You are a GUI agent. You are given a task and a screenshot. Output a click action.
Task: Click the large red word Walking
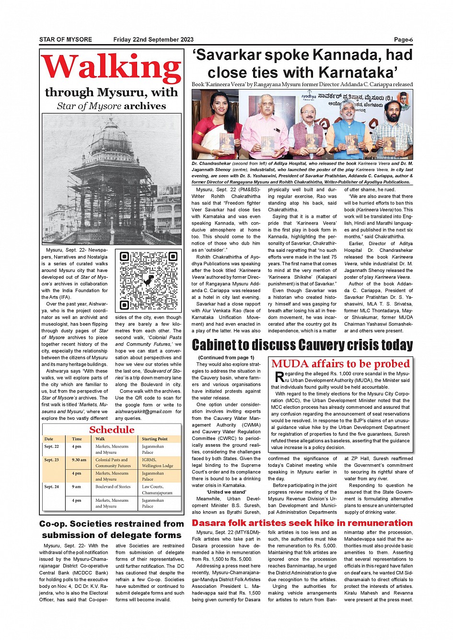coord(111,67)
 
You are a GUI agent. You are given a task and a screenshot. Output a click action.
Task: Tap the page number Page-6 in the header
coord(403,40)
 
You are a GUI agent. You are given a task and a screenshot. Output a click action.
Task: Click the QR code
coord(148,281)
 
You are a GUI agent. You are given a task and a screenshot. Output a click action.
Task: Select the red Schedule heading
coord(112,429)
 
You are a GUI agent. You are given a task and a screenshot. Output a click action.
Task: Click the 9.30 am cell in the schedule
coord(79,460)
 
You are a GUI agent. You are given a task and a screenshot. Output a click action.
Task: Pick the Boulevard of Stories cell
coord(113,486)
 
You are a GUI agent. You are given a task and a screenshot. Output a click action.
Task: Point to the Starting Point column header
coord(154,438)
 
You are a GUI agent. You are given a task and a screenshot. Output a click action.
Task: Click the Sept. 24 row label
coord(51,486)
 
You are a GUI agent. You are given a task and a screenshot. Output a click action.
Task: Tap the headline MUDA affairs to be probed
coord(340,364)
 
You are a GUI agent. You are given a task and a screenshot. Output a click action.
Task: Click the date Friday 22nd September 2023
coord(153,40)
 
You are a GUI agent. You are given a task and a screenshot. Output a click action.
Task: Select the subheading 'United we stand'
coord(226,492)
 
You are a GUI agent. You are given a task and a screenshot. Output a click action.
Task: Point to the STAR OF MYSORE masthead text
coord(66,40)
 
